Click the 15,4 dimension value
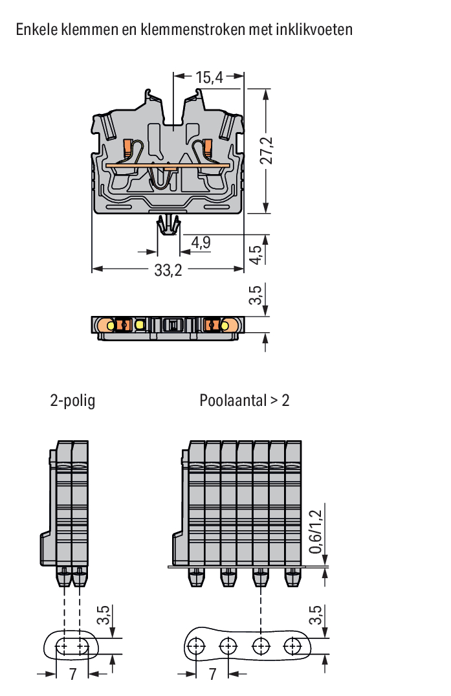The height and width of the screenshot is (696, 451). (209, 77)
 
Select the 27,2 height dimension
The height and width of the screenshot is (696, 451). (267, 150)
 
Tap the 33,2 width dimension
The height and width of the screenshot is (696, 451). (168, 270)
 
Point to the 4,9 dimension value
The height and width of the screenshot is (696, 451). (201, 242)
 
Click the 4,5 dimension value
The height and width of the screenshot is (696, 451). (256, 255)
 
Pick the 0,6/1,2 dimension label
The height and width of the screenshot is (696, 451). (315, 532)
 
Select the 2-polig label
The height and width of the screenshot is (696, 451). (72, 400)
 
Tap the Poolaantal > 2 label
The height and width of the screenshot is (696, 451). (245, 400)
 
